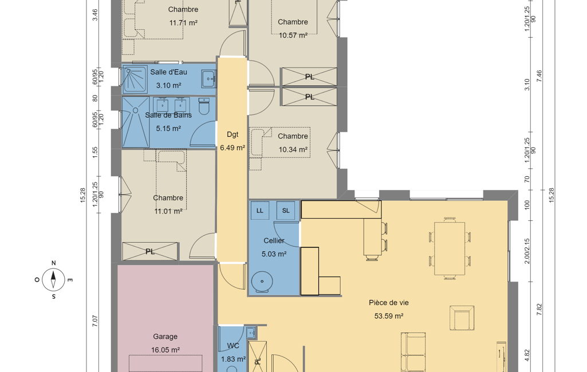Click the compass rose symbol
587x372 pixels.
pyautogui.click(x=53, y=279)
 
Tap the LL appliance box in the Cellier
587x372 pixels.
pyautogui.click(x=260, y=211)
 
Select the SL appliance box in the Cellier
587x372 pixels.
pyautogui.click(x=286, y=211)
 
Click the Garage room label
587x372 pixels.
pyautogui.click(x=165, y=337)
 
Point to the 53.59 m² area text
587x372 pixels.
pyautogui.click(x=389, y=316)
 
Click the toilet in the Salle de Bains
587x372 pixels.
pyautogui.click(x=204, y=106)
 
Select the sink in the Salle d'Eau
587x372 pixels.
pyautogui.click(x=209, y=78)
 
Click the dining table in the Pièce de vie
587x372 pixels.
pyautogui.click(x=450, y=248)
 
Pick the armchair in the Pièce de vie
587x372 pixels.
pyautogui.click(x=462, y=318)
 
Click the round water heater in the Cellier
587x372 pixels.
pyautogui.click(x=262, y=282)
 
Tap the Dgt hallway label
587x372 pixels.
pyautogui.click(x=233, y=134)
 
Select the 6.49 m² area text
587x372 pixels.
pyautogui.click(x=233, y=148)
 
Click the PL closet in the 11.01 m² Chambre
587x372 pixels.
pyautogui.click(x=149, y=251)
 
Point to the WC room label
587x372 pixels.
pyautogui.click(x=233, y=346)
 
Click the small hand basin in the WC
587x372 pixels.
pyautogui.click(x=251, y=332)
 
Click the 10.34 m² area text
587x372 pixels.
pyautogui.click(x=293, y=150)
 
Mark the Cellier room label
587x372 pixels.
pyautogui.click(x=274, y=240)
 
